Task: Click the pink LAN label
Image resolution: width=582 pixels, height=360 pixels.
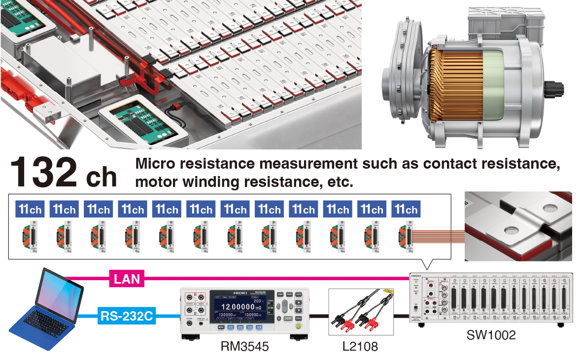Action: (127, 279)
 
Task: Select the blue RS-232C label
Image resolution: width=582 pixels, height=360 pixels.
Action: (127, 315)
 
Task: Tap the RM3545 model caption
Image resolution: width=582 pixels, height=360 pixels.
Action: (245, 346)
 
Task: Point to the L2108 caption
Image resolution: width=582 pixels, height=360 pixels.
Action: (360, 346)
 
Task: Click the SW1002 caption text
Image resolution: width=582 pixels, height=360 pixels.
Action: (491, 335)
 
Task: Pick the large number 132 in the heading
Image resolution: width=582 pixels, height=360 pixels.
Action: (43, 173)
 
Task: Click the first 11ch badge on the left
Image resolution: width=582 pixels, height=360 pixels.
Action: (29, 209)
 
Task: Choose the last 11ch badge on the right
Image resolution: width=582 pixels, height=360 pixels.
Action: (406, 209)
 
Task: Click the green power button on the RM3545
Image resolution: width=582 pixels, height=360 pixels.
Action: (297, 326)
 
